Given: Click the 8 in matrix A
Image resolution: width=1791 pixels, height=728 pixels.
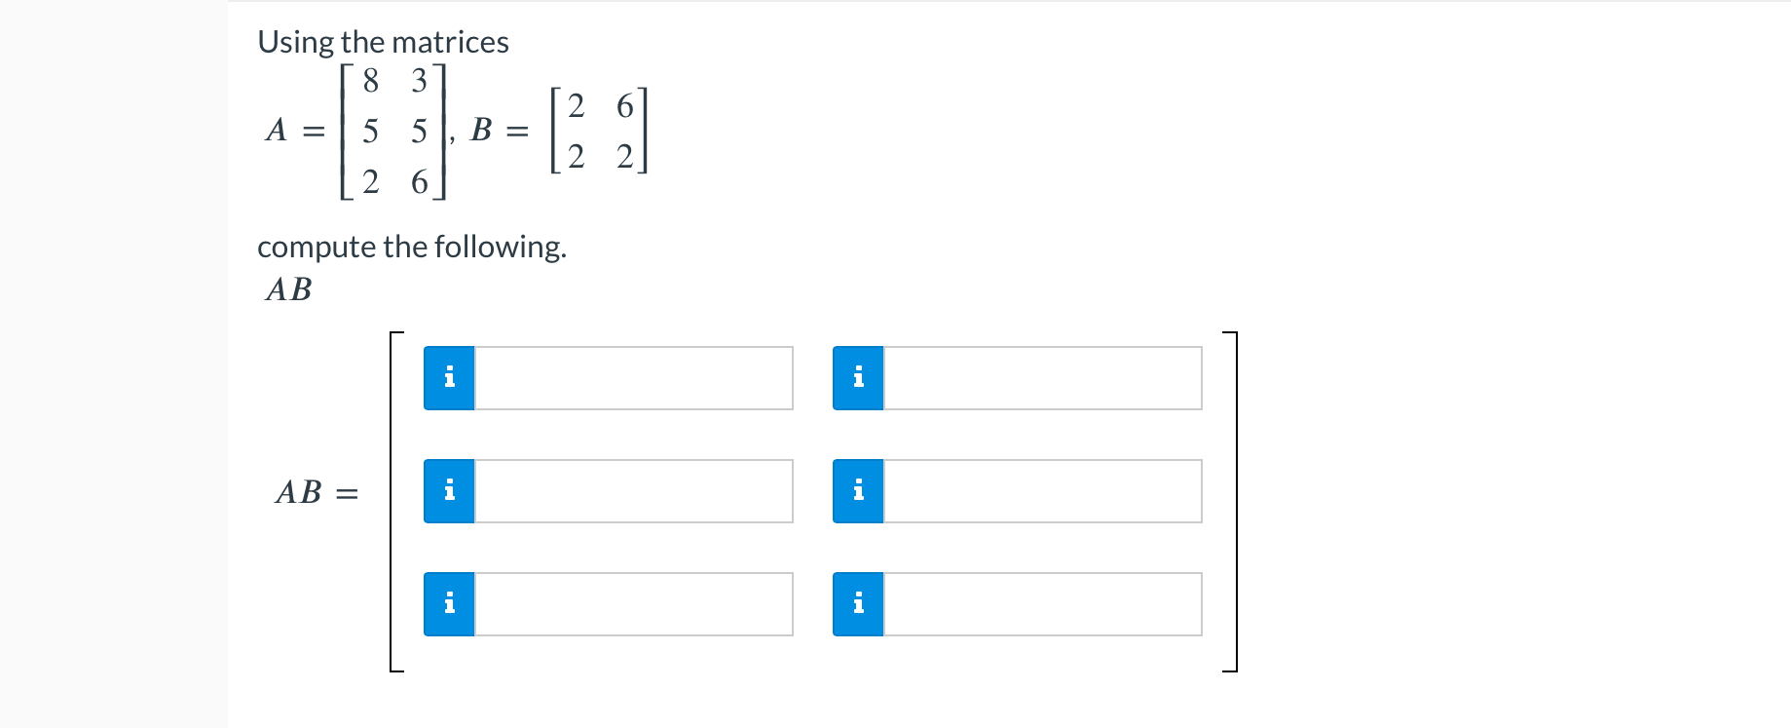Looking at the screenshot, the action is (370, 81).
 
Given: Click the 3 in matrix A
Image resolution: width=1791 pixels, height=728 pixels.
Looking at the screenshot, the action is (420, 81).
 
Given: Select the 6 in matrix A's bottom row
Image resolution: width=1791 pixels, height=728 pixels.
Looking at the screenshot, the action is (420, 182).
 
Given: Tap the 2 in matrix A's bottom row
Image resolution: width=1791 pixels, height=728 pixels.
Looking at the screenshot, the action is (370, 182).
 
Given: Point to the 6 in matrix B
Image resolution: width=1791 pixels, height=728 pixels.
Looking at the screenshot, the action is (625, 106).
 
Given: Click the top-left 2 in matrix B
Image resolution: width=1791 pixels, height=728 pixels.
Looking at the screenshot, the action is (577, 106).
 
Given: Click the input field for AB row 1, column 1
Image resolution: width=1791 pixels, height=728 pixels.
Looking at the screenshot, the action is (633, 378).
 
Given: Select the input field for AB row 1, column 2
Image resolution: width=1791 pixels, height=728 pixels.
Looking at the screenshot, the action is (1042, 378).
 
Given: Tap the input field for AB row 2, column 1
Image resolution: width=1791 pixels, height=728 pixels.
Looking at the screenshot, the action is (633, 491).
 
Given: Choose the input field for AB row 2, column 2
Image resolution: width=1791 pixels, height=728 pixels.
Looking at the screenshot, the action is (1042, 491).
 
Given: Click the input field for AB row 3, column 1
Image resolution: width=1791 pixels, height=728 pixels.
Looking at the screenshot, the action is (633, 604).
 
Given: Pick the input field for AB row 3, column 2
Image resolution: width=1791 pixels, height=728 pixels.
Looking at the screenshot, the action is (1042, 604).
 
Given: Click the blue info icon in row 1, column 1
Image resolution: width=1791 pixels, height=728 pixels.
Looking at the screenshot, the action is (449, 378).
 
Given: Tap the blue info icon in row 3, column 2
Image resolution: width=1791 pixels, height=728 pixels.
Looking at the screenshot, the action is (858, 604).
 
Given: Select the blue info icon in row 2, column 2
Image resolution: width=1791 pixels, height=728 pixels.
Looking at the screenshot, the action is (858, 491).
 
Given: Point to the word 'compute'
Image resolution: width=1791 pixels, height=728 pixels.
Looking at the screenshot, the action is (317, 248).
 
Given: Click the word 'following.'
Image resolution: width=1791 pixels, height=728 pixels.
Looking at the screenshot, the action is (501, 248).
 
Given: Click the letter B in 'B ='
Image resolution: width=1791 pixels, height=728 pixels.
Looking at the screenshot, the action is (481, 130).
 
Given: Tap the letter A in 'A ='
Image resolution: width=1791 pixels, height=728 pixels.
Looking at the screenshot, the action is (277, 130).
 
